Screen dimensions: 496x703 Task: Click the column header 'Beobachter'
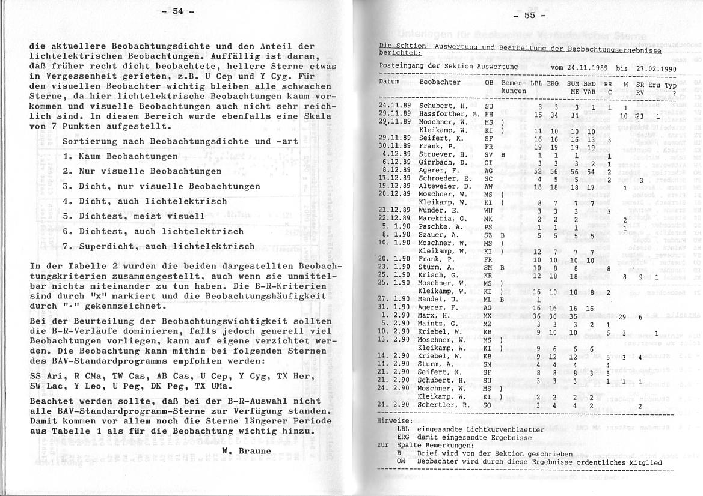coord(440,82)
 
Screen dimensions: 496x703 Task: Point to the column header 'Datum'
coord(390,82)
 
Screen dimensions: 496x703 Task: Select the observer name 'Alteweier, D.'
coord(443,186)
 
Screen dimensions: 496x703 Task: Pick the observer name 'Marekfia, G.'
coord(441,219)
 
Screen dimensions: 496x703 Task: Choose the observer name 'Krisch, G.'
coord(435,275)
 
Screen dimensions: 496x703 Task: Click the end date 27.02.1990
coord(655,68)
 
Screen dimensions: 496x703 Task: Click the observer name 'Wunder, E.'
coord(436,211)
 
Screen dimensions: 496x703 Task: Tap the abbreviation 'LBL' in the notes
coord(403,429)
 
